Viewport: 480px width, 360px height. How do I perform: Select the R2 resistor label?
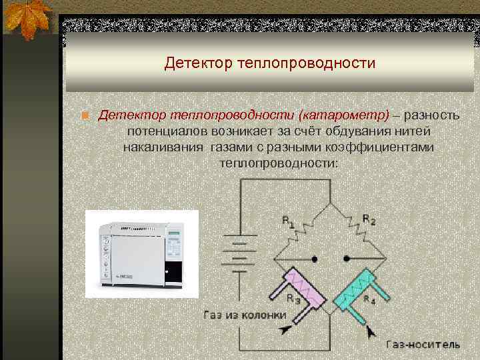click(369, 219)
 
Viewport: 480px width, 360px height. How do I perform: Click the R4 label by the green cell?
click(368, 299)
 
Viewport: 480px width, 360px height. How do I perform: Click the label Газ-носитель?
click(423, 344)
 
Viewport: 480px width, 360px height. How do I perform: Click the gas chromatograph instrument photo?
click(142, 248)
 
